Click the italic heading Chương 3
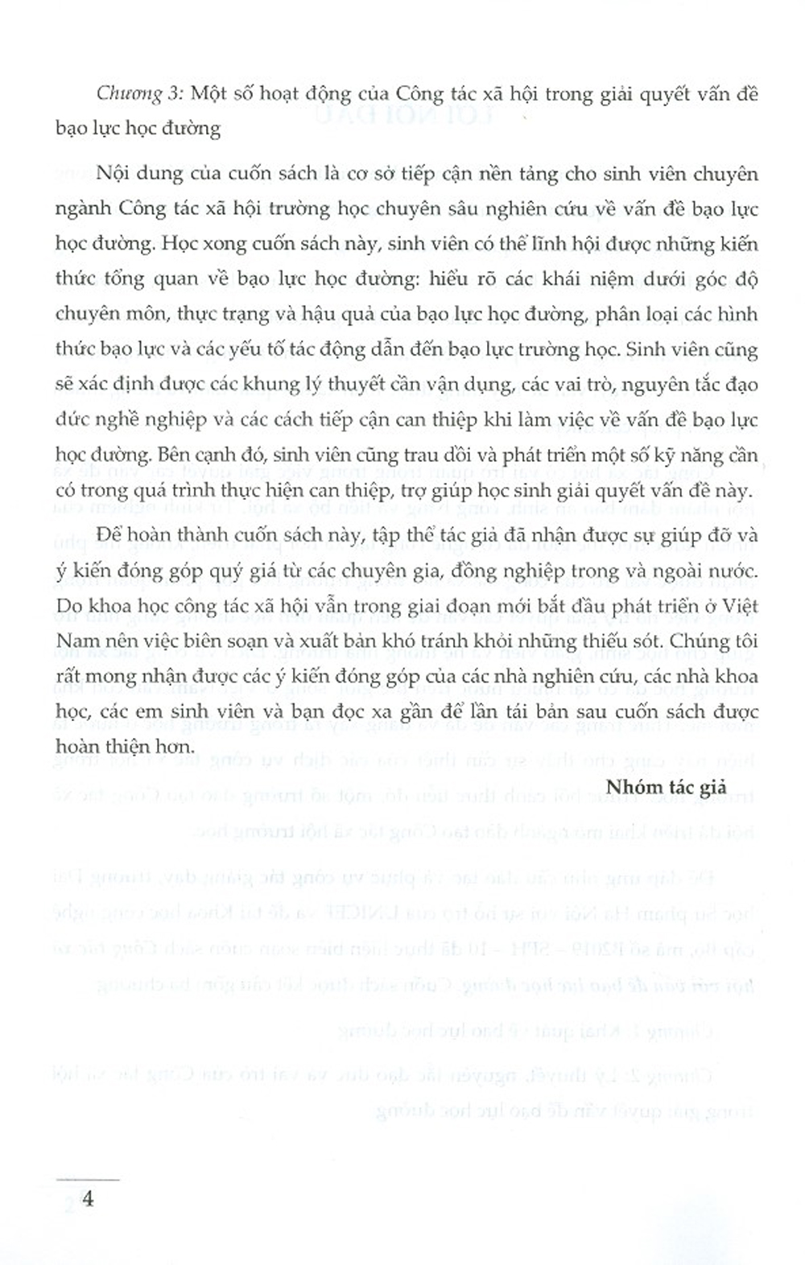140,94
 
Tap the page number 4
88,1199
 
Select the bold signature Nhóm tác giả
667,786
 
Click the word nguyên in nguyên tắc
635,384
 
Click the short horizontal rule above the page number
88,1179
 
